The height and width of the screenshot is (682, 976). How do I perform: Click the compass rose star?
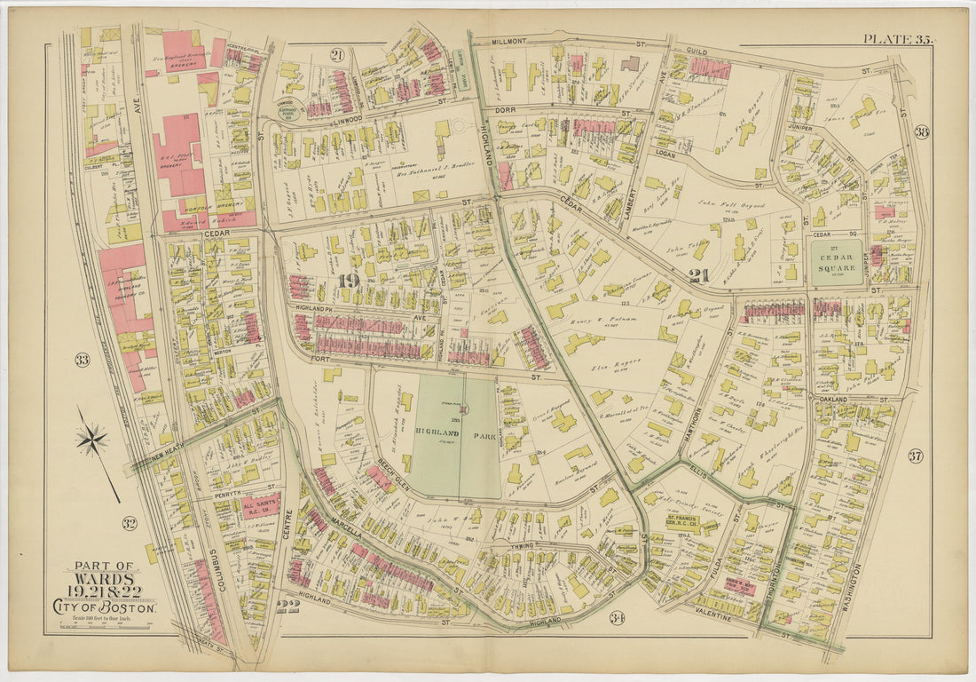(91, 439)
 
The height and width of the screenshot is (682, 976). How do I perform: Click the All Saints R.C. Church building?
(261, 505)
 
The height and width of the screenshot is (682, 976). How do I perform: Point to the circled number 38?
(921, 132)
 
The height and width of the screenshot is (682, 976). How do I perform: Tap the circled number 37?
(915, 456)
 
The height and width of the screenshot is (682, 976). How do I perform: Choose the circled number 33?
(82, 360)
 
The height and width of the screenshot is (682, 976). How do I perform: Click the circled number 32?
(129, 523)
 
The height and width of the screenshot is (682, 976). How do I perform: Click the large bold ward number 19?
(348, 282)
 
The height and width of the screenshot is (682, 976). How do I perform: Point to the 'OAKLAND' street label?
(832, 400)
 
